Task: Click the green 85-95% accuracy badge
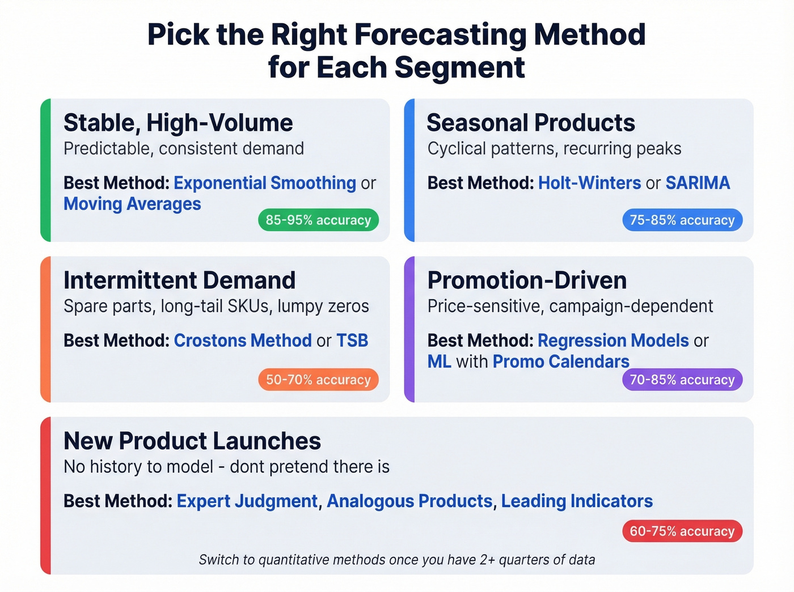coord(318,220)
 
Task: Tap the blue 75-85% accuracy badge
coord(682,220)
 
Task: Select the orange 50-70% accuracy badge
coord(318,380)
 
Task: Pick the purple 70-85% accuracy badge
coord(682,380)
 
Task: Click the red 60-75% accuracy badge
coord(682,531)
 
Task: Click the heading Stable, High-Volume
coord(178,123)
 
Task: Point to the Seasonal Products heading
coord(531,123)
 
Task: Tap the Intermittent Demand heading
coord(179,280)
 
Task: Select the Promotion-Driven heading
coord(527,280)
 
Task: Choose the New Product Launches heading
coord(192,441)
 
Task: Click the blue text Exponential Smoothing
coord(265,183)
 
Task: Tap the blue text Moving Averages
coord(132,204)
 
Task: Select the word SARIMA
coord(698,183)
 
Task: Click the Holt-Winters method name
coord(589,183)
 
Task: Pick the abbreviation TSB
coord(352,340)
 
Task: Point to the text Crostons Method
coord(243,340)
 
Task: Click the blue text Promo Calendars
coord(561,361)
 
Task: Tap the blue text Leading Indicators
coord(577,501)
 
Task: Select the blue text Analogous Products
coord(409,501)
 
